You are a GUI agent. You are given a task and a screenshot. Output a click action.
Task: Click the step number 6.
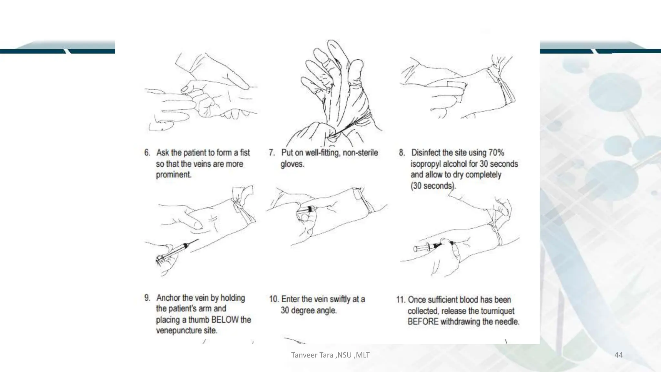tap(147, 153)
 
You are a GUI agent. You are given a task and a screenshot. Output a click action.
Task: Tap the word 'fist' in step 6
tap(245, 152)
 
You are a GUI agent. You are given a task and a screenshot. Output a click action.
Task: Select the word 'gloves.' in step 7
tap(292, 164)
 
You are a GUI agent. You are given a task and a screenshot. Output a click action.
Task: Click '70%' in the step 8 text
tap(496, 152)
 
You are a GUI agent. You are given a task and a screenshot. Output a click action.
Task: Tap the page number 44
tap(618, 355)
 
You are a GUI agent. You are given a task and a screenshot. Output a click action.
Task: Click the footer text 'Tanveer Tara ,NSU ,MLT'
tap(330, 355)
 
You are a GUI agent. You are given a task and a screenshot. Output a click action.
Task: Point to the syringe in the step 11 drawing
tap(429, 247)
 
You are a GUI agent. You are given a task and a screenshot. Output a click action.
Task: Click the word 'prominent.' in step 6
tap(174, 175)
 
